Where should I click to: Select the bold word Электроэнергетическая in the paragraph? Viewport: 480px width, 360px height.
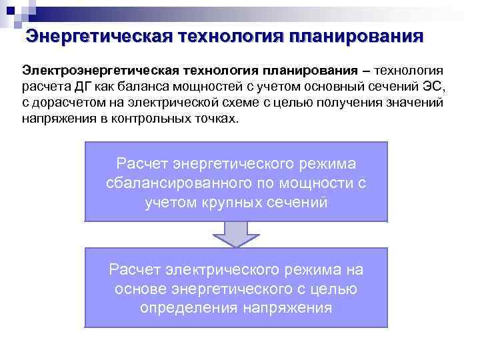pos(101,70)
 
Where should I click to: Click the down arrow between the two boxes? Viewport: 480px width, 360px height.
pos(236,234)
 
